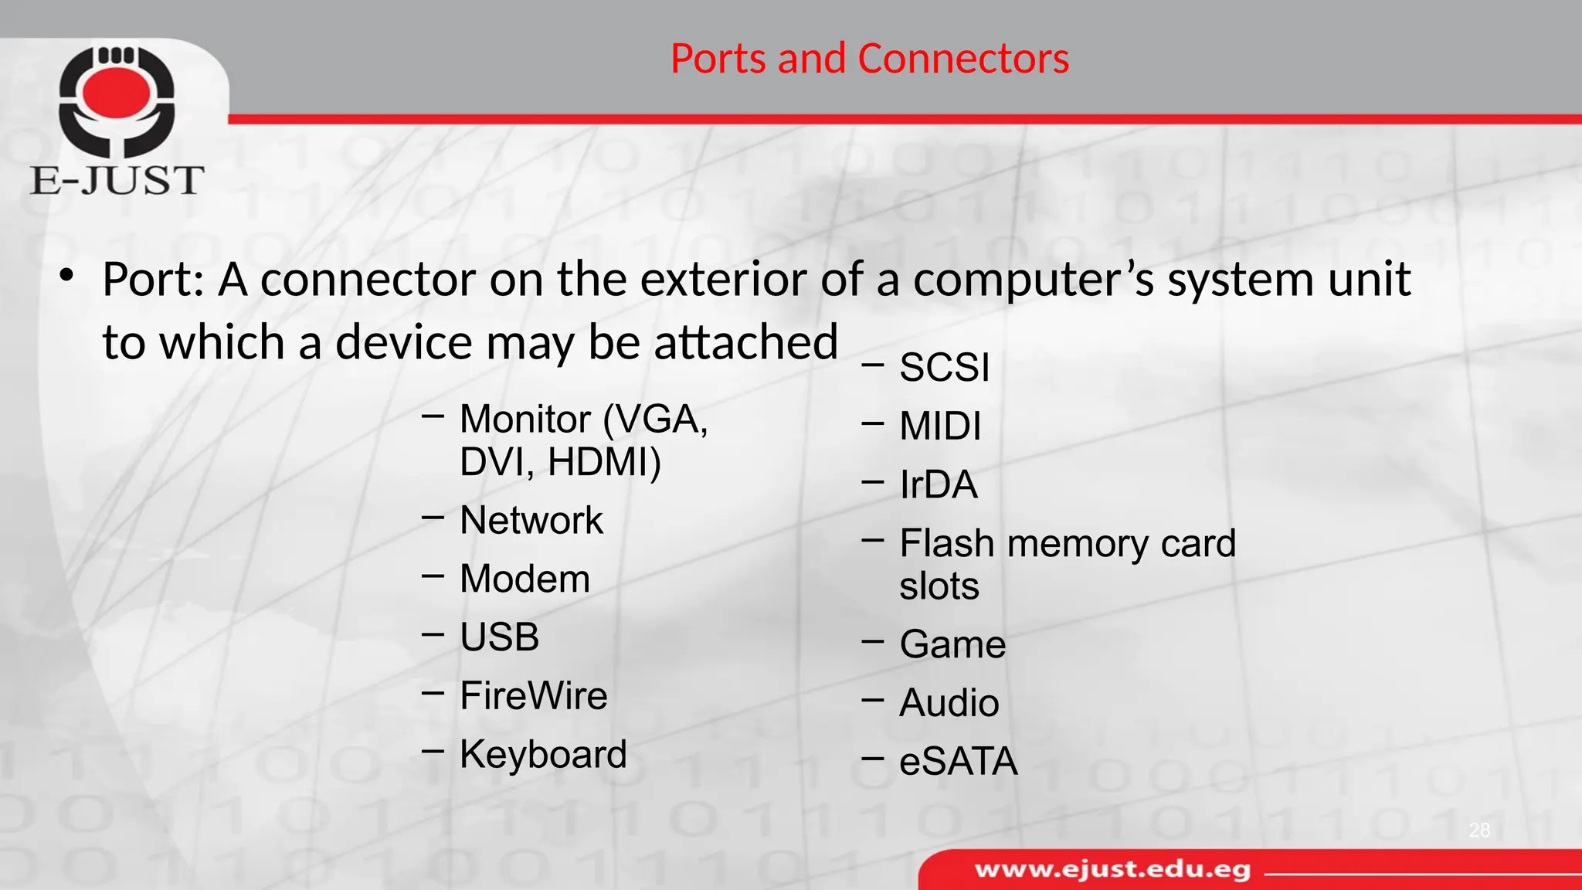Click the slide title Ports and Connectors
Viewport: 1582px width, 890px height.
click(869, 59)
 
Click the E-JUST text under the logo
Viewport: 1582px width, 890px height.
click(117, 181)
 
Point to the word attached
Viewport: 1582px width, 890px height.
click(745, 341)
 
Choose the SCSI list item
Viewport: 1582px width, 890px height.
click(944, 367)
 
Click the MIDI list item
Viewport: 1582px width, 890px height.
click(940, 426)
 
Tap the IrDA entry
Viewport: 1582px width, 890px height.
click(939, 484)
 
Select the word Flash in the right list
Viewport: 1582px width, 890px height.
click(946, 543)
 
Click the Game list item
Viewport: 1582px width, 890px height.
click(952, 644)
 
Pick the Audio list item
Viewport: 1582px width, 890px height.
click(949, 703)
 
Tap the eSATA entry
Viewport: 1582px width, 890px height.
click(958, 762)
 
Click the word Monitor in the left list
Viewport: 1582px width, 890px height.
click(525, 420)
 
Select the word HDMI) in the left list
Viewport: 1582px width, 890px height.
click(604, 462)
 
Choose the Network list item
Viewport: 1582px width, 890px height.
click(531, 520)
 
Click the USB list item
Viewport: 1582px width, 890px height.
click(499, 637)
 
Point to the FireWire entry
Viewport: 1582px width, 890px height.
click(533, 695)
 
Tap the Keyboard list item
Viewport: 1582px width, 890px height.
click(543, 754)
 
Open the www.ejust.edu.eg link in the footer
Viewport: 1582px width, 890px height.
click(1112, 870)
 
